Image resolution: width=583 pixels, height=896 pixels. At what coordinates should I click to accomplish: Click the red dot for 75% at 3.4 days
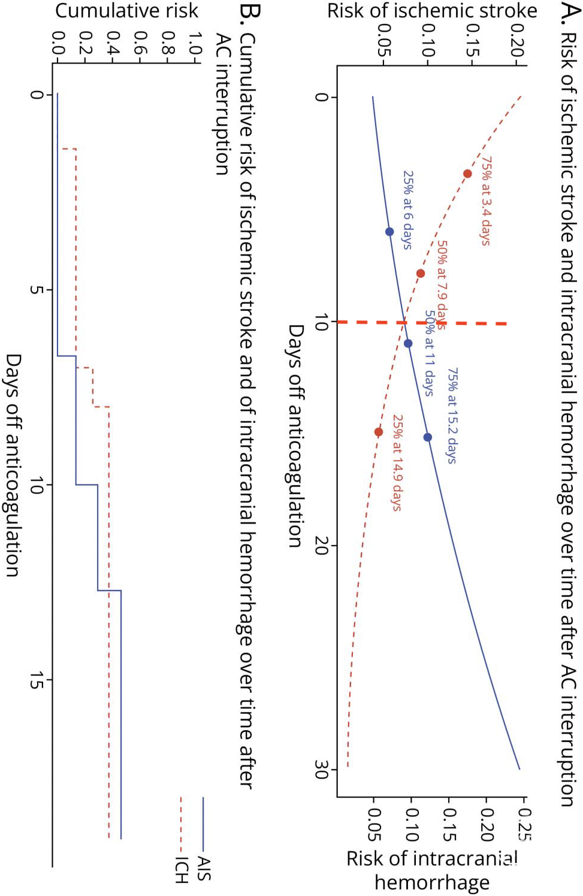(467, 174)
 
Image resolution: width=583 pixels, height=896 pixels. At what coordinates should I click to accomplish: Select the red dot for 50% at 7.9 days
(421, 274)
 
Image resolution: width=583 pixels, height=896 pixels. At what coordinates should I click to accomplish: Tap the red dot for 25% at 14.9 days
(379, 432)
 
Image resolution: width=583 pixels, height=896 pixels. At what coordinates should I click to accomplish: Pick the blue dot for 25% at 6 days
(389, 232)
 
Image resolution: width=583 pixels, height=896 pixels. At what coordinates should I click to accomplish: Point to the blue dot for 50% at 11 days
(408, 344)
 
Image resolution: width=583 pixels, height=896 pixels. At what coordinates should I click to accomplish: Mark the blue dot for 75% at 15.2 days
(427, 437)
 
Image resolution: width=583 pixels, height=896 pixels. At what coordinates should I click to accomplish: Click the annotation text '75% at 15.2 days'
(452, 416)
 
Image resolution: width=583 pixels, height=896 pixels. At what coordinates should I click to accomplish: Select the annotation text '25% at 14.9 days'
(397, 462)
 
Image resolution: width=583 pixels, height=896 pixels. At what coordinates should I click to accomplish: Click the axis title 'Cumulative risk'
(126, 11)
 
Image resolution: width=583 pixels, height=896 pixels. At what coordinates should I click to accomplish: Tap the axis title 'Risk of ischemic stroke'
(431, 11)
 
